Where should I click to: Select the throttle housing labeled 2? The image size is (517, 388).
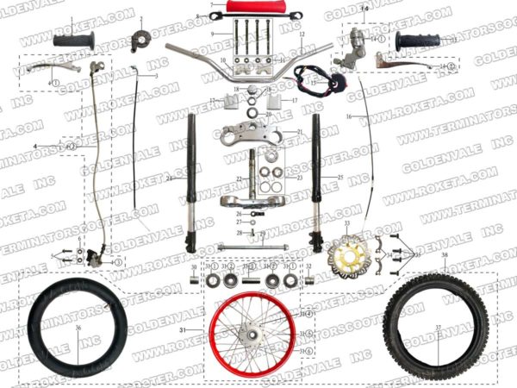click(x=140, y=38)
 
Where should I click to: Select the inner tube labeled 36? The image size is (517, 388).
click(x=77, y=329)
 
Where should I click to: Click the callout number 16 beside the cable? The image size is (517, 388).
click(x=349, y=116)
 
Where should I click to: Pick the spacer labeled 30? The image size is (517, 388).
click(x=193, y=279)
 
